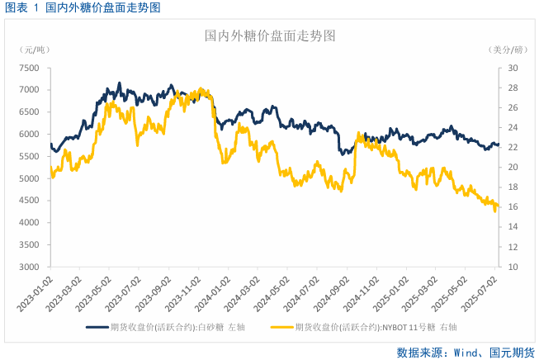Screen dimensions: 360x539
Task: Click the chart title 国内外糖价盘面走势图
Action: (x=270, y=36)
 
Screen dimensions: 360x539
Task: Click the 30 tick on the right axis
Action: (x=512, y=68)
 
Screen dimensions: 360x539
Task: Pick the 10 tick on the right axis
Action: (x=512, y=268)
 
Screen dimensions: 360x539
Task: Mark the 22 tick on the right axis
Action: (x=512, y=148)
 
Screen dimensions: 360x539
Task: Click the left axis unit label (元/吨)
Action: (x=34, y=50)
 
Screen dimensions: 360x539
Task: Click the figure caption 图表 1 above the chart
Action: (x=25, y=7)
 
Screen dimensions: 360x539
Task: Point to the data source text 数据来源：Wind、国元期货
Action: (x=466, y=351)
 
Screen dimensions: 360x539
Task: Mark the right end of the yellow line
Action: (x=499, y=206)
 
